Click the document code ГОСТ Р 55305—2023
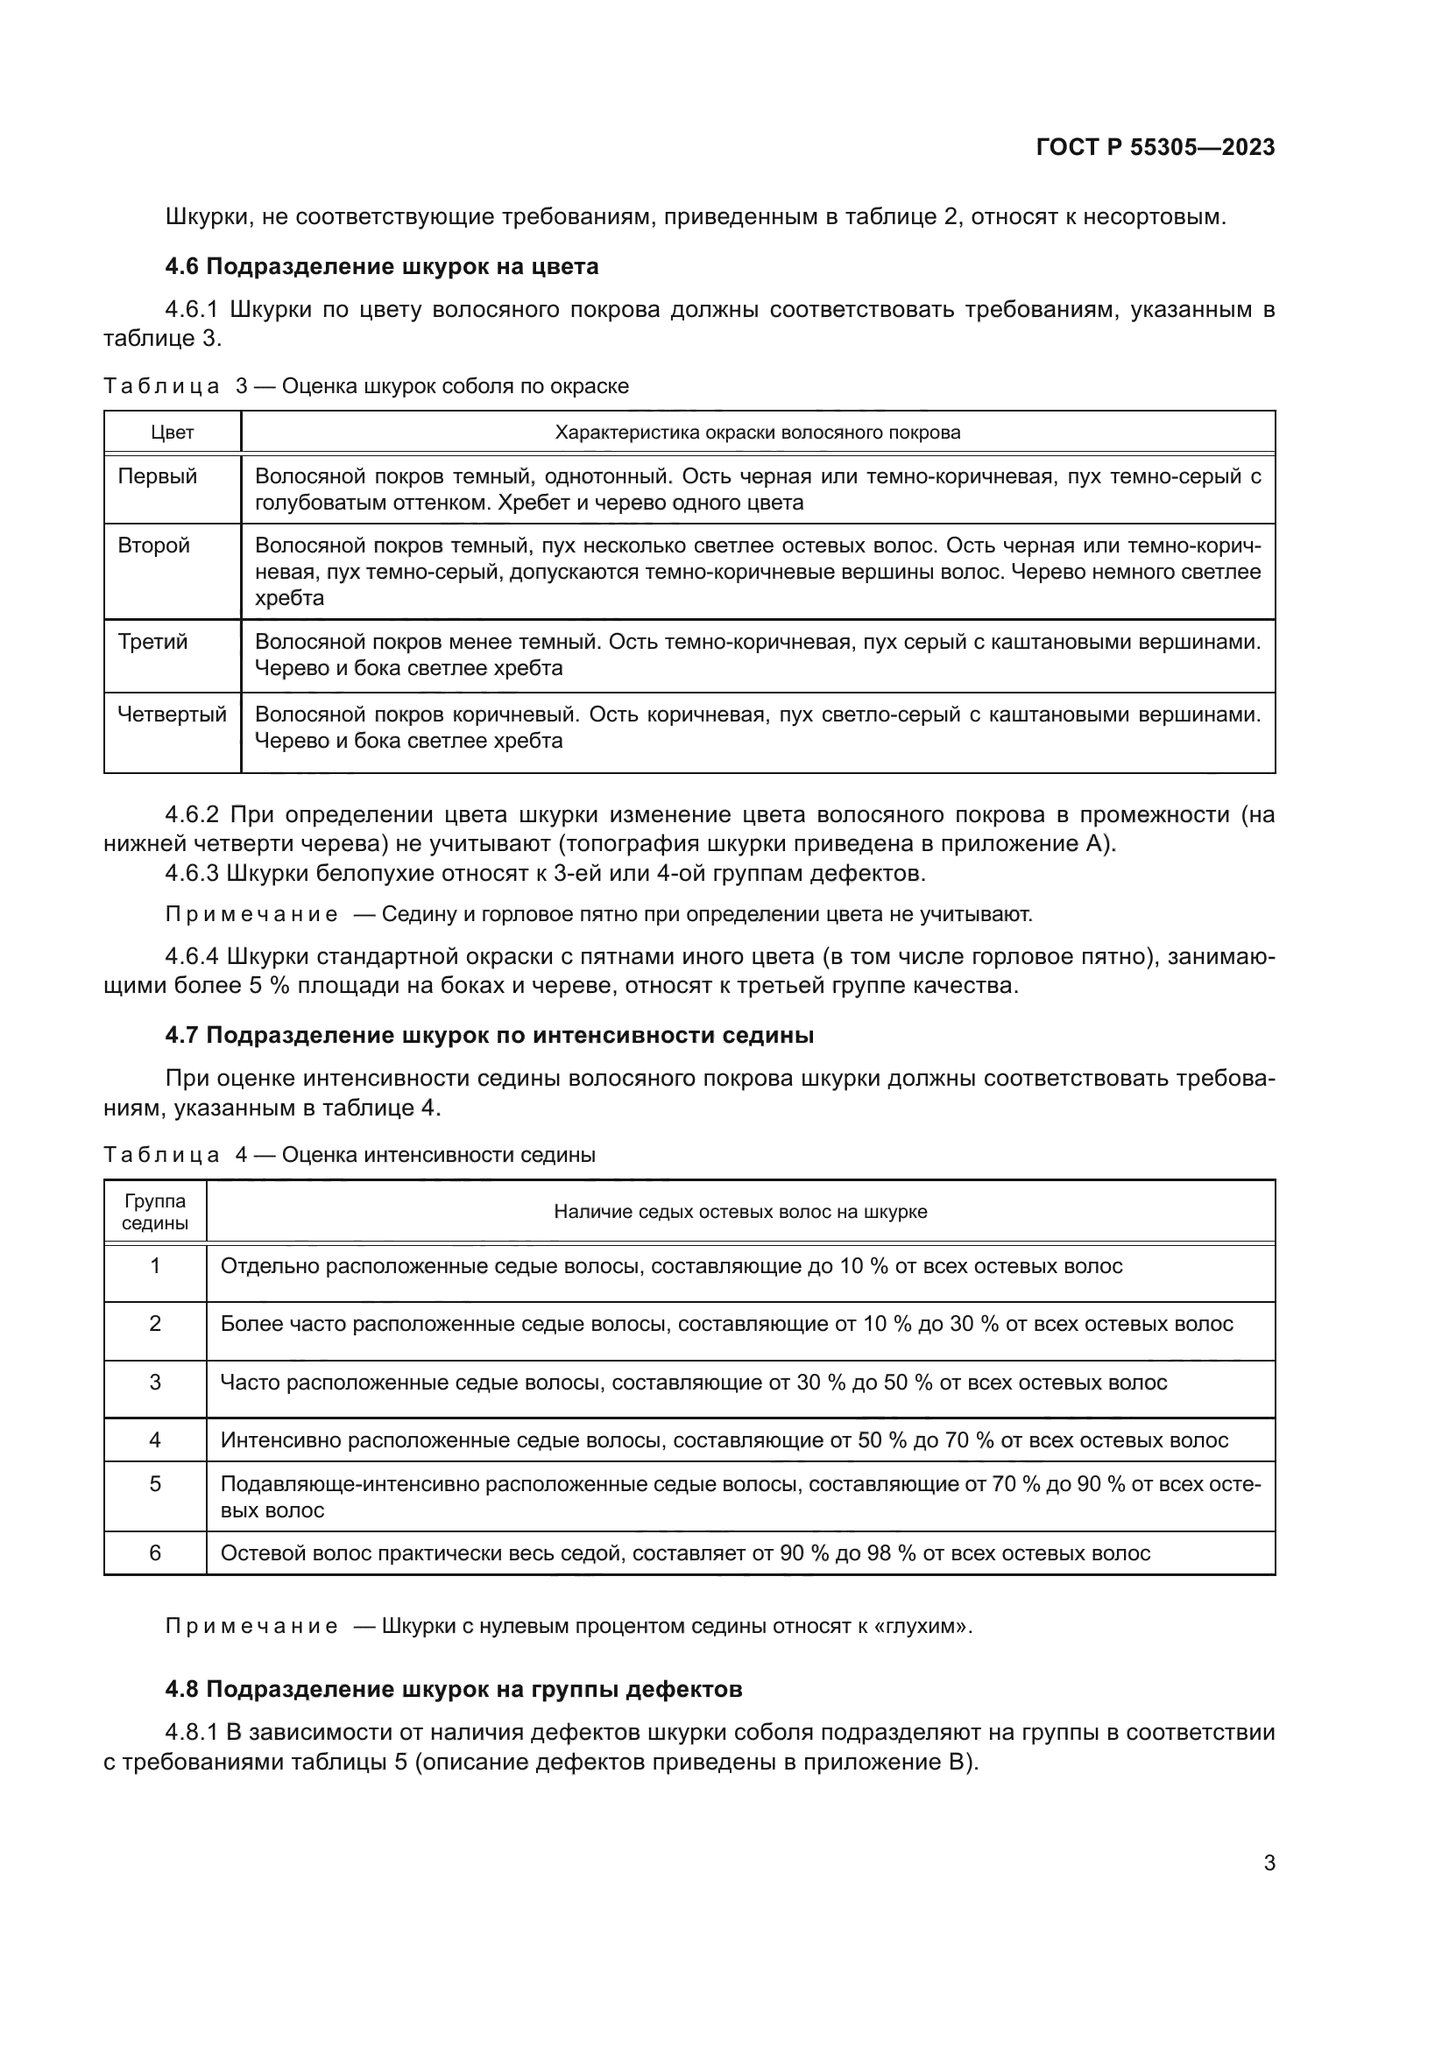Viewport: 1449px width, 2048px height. tap(1156, 148)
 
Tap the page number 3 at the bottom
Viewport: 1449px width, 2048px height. tap(1269, 1862)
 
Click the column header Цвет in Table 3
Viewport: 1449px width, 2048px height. tap(173, 433)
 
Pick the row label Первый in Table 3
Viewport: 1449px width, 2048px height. tap(157, 476)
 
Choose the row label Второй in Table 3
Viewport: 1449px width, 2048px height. tap(153, 545)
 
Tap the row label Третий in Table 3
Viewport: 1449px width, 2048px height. tap(152, 642)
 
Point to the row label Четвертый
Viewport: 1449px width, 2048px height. tap(173, 714)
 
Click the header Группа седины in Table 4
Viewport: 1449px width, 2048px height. tap(155, 1211)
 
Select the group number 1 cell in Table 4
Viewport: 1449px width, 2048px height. tap(155, 1266)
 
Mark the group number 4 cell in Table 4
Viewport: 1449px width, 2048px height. tap(155, 1439)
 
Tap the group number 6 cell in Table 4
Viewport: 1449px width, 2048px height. tap(155, 1553)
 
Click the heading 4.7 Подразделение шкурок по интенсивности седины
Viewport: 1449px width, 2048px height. tap(489, 1036)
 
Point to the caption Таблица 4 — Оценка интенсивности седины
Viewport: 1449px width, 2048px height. tap(349, 1155)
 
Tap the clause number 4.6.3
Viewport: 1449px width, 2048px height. tap(192, 873)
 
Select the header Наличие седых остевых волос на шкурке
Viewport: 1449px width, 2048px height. tap(739, 1211)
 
